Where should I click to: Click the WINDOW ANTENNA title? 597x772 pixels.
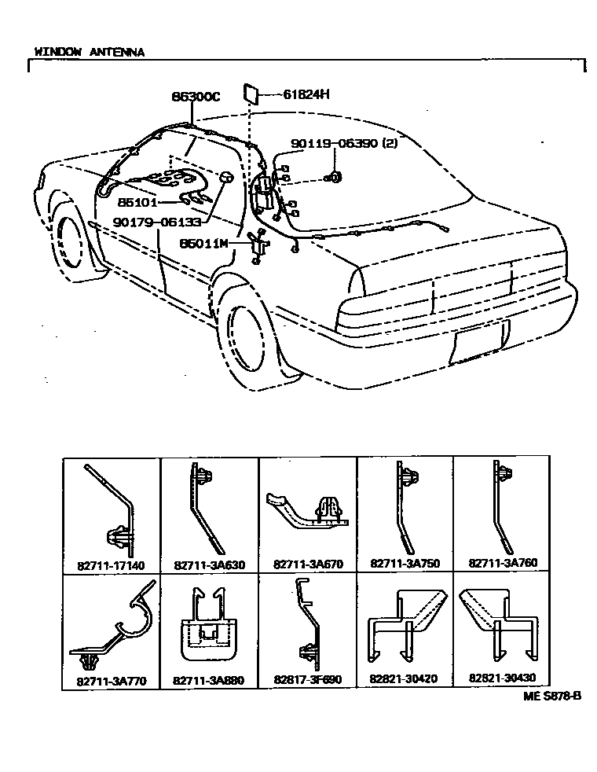89,52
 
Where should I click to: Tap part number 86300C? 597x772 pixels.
196,97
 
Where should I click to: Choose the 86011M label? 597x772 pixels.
203,244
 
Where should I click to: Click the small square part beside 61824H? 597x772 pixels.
253,92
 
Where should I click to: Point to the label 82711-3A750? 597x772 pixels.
405,564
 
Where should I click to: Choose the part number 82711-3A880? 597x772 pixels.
209,679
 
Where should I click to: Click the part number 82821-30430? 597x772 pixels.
504,679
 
